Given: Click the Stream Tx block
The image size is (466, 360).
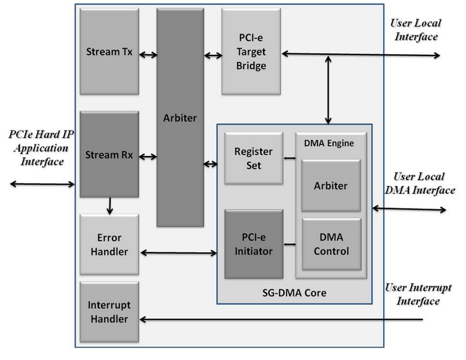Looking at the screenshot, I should click(109, 51).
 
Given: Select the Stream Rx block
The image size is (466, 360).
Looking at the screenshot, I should click(109, 154).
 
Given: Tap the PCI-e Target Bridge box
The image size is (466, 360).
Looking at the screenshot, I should click(251, 51).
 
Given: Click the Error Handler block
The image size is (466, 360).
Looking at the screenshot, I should click(109, 245).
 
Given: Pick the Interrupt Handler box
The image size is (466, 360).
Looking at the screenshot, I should click(109, 312).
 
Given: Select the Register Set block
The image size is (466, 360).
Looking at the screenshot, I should click(253, 158).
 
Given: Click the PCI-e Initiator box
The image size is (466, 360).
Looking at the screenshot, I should click(253, 245).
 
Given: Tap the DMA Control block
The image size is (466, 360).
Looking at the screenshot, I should click(331, 245).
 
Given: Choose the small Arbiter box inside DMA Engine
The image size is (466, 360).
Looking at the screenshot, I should click(331, 186).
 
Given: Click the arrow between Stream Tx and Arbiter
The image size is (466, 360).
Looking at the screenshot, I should click(148, 55).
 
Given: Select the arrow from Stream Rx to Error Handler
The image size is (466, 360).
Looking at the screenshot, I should click(109, 206).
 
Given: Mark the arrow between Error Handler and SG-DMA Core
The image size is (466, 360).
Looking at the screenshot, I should click(178, 253).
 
